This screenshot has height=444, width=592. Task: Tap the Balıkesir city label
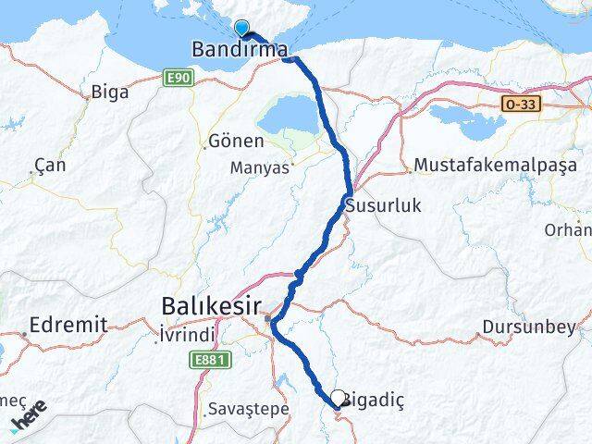209,305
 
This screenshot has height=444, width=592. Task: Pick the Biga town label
111,92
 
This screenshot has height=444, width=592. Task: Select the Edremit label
68,325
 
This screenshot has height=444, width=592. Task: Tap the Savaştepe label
249,408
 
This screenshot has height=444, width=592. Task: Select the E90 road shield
179,79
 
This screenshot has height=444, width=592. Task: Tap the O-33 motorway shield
520,105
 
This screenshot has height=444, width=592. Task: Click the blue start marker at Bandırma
242,28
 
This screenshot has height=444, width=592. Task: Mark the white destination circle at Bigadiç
339,398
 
